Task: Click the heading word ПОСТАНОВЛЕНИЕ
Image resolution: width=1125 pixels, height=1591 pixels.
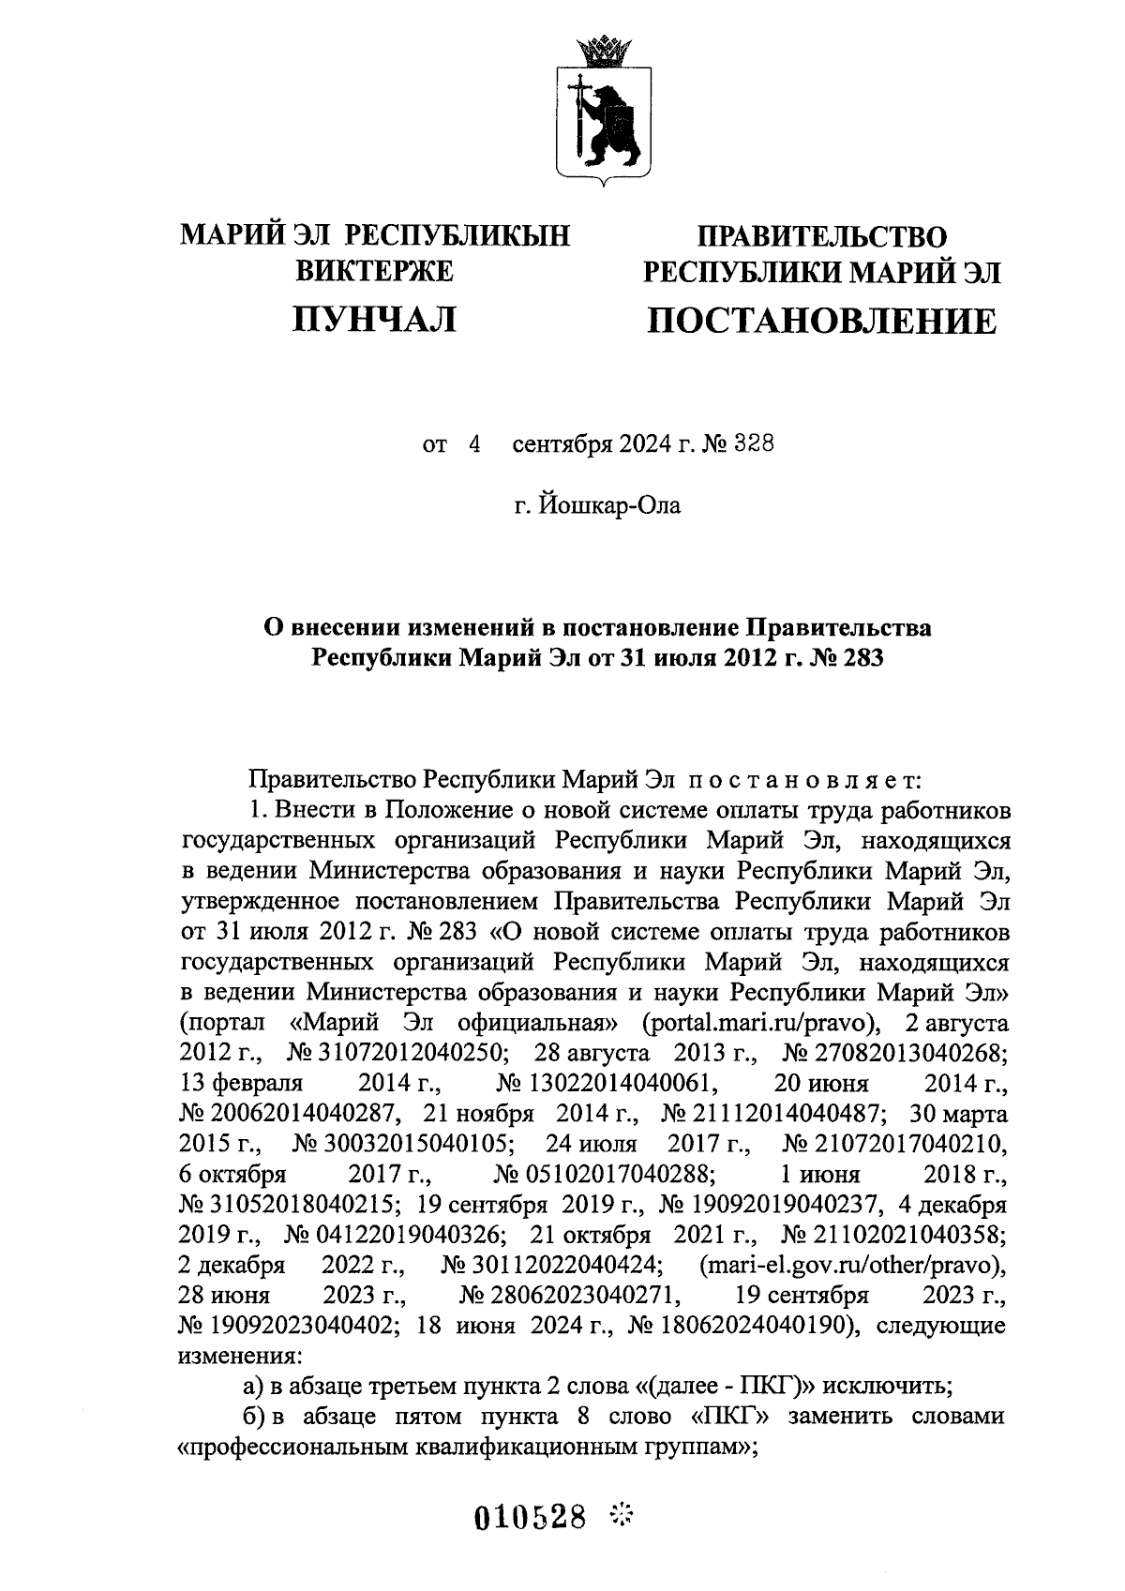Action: (x=821, y=322)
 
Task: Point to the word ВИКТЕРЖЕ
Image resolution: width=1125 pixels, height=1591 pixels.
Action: (x=374, y=272)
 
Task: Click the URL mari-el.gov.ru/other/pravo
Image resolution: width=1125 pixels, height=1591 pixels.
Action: (x=852, y=1266)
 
